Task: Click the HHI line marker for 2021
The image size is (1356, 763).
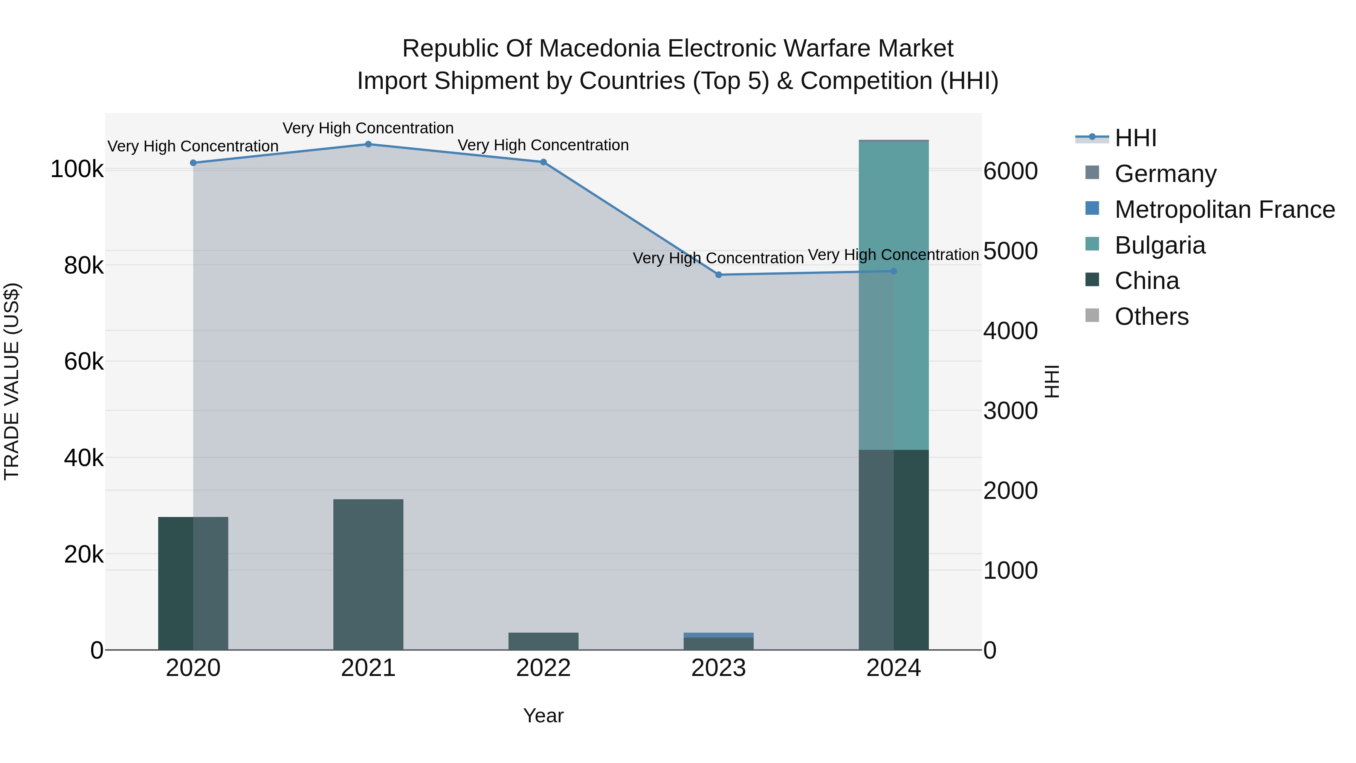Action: (x=368, y=144)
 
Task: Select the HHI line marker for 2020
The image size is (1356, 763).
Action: (x=193, y=163)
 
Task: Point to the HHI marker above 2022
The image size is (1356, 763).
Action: (x=543, y=162)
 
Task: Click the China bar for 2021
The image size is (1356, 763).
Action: (x=368, y=574)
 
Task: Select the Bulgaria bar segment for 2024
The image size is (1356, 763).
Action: (x=894, y=295)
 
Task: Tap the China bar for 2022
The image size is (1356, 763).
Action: (x=543, y=641)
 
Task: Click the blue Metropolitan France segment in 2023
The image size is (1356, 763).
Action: (x=719, y=635)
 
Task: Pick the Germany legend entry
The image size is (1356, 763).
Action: (x=1165, y=174)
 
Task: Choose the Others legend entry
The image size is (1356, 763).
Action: (x=1151, y=317)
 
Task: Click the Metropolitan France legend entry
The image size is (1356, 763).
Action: (x=1225, y=209)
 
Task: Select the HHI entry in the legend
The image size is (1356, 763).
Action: (x=1135, y=138)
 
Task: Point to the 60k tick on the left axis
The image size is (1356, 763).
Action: (x=84, y=362)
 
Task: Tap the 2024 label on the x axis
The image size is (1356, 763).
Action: (x=893, y=668)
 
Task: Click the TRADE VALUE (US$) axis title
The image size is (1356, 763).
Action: (x=12, y=381)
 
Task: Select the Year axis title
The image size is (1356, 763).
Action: (x=543, y=716)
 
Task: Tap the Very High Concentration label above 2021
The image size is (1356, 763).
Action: (x=368, y=128)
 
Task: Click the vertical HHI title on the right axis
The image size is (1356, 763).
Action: (x=1051, y=381)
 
